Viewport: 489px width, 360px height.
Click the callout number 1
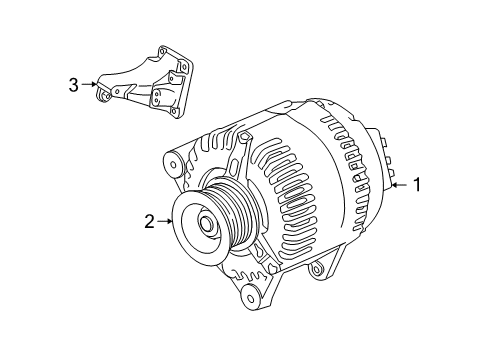tap(418, 184)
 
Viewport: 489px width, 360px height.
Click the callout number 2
tap(149, 221)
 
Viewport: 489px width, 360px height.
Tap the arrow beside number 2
tap(167, 221)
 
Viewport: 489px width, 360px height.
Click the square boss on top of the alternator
tap(292, 106)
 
